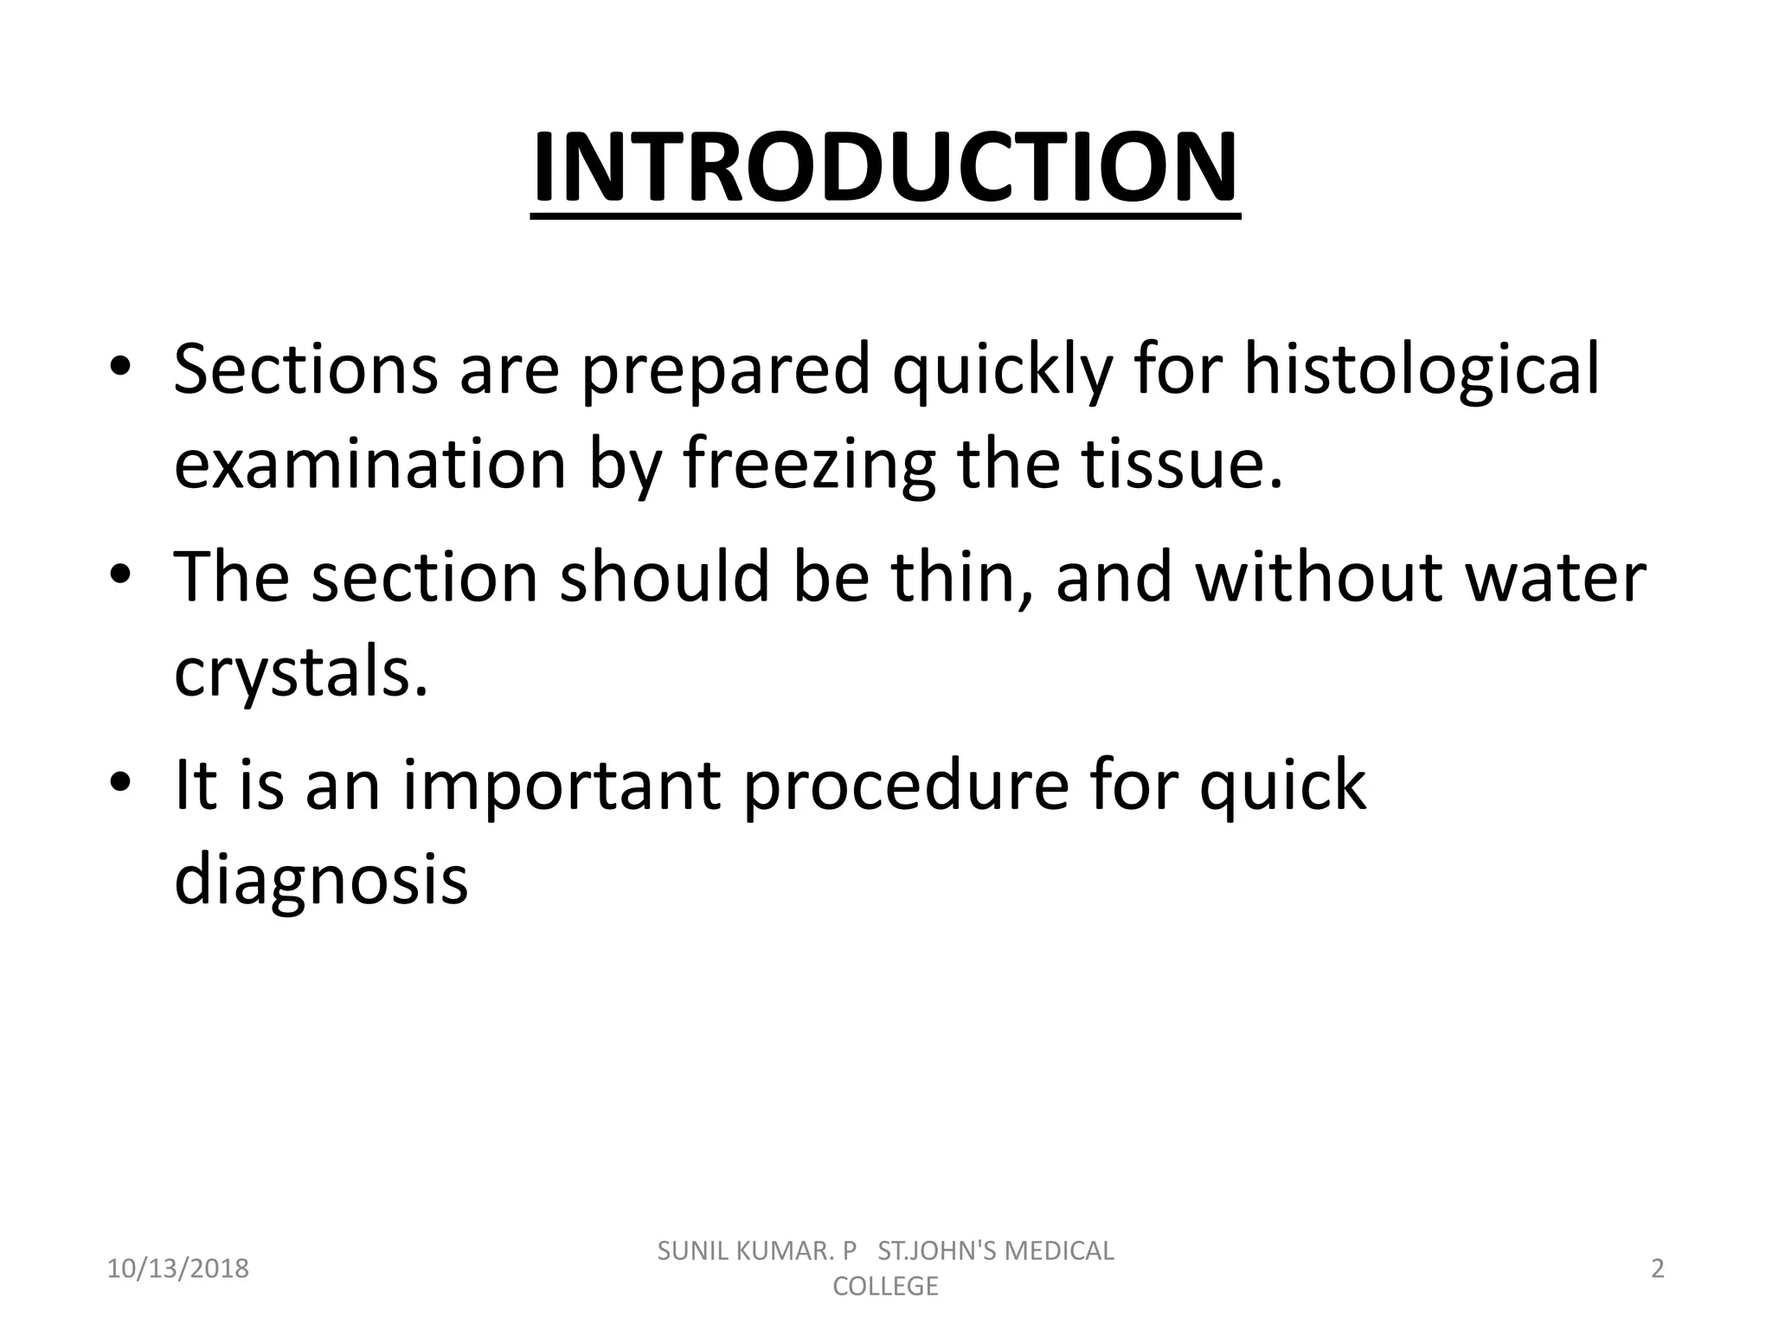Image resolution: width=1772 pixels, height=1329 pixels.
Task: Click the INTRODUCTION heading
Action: pyautogui.click(x=884, y=168)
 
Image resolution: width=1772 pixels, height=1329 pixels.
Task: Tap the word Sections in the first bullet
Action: pyautogui.click(x=305, y=370)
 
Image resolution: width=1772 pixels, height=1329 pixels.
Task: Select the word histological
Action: pyautogui.click(x=1422, y=370)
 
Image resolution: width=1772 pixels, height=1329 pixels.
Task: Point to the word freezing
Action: pyautogui.click(x=810, y=465)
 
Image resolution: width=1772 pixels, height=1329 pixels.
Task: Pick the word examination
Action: pyautogui.click(x=370, y=465)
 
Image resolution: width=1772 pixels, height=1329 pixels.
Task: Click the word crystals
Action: pyautogui.click(x=301, y=673)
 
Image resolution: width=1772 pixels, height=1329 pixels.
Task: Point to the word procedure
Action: pyautogui.click(x=905, y=786)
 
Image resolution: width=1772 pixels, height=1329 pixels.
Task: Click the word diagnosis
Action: pyautogui.click(x=321, y=881)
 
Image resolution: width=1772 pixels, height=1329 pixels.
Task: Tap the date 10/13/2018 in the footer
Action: pyautogui.click(x=177, y=1269)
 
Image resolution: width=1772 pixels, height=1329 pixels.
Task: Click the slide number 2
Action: pyautogui.click(x=1657, y=1269)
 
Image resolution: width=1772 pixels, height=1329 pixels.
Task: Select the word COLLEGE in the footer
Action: pyautogui.click(x=884, y=1287)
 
